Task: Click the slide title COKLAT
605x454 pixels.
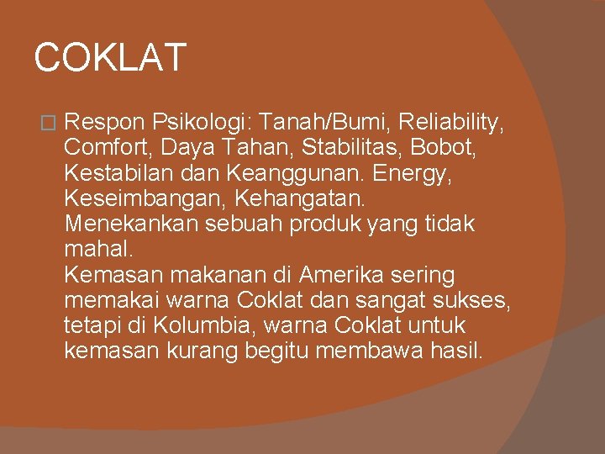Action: point(109,58)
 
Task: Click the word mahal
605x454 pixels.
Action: point(97,250)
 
